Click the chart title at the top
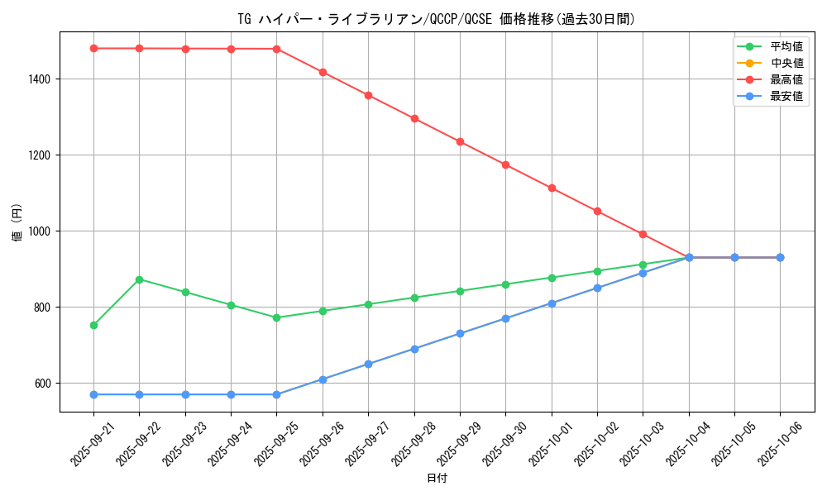436,19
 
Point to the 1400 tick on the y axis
39,79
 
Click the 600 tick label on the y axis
42,384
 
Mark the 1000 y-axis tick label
39,231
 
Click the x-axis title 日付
436,479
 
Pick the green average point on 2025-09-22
139,279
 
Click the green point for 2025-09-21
93,325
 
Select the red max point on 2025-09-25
276,49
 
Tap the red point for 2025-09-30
505,165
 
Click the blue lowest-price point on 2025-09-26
323,379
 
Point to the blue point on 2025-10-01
552,303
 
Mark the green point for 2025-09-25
276,317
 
